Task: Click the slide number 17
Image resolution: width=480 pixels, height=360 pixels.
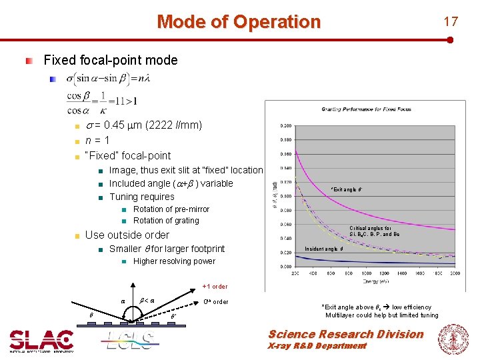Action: [451, 21]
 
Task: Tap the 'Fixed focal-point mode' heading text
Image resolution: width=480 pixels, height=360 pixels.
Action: [110, 60]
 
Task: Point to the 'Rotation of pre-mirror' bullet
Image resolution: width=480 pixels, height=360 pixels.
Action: [171, 209]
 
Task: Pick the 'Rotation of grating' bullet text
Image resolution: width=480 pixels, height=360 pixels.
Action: [166, 221]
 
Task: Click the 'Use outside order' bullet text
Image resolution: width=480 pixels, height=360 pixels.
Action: [127, 235]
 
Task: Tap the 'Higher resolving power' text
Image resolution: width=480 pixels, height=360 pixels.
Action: [174, 261]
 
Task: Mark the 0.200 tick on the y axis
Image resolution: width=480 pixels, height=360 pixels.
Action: [285, 125]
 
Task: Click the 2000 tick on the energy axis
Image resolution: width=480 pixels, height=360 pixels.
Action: [454, 273]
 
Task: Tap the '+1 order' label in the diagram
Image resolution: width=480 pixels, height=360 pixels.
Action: [215, 287]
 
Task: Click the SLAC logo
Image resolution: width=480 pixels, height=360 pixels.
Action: [41, 341]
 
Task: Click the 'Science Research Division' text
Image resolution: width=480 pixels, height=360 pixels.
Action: [345, 334]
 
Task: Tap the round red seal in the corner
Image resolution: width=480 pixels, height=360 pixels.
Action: [453, 339]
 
